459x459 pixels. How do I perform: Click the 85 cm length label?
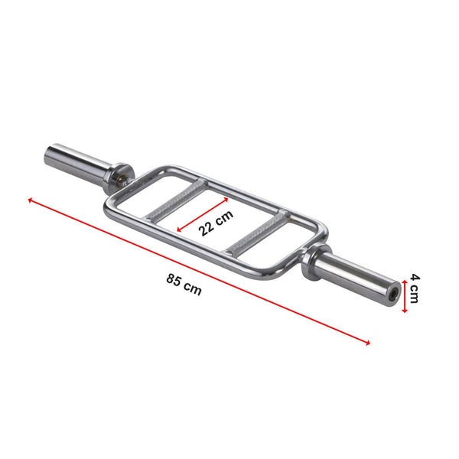coord(184,285)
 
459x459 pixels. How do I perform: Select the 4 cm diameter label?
coord(414,288)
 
